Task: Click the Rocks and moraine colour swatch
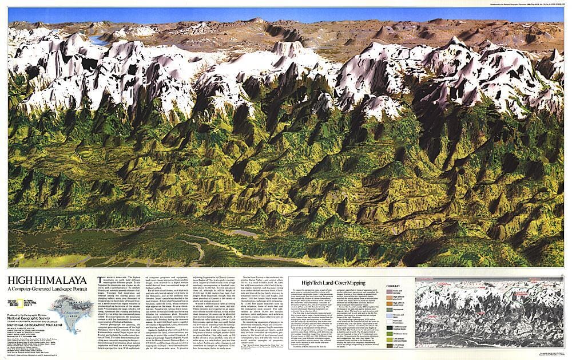coord(390,291)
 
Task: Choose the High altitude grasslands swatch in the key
coord(390,298)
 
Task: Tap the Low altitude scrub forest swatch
coord(390,346)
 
